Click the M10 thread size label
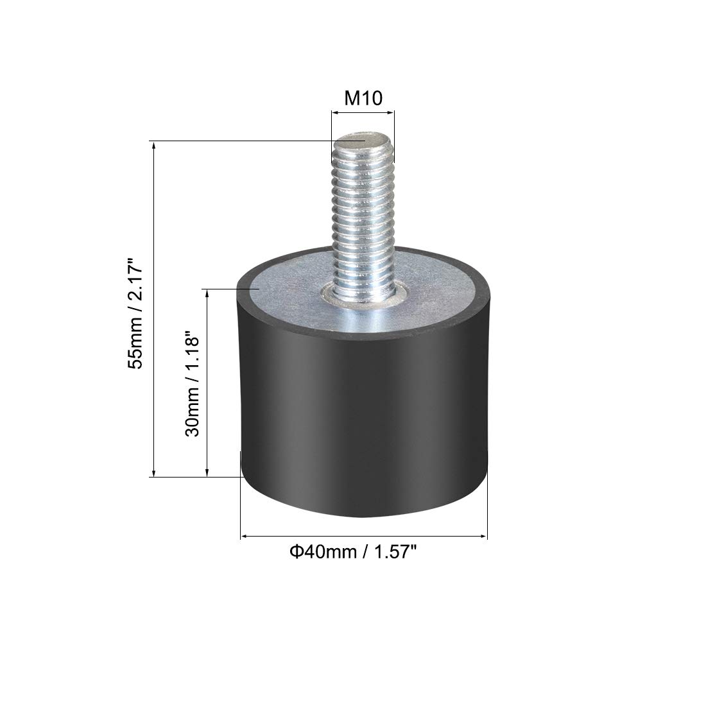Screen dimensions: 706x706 [x=363, y=98]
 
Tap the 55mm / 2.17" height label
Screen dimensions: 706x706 [x=135, y=314]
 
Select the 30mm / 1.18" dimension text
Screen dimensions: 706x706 [x=193, y=384]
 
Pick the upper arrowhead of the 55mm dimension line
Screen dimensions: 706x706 [x=154, y=146]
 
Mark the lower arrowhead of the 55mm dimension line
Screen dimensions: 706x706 [x=154, y=472]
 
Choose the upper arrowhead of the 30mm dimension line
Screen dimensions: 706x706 [x=207, y=293]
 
